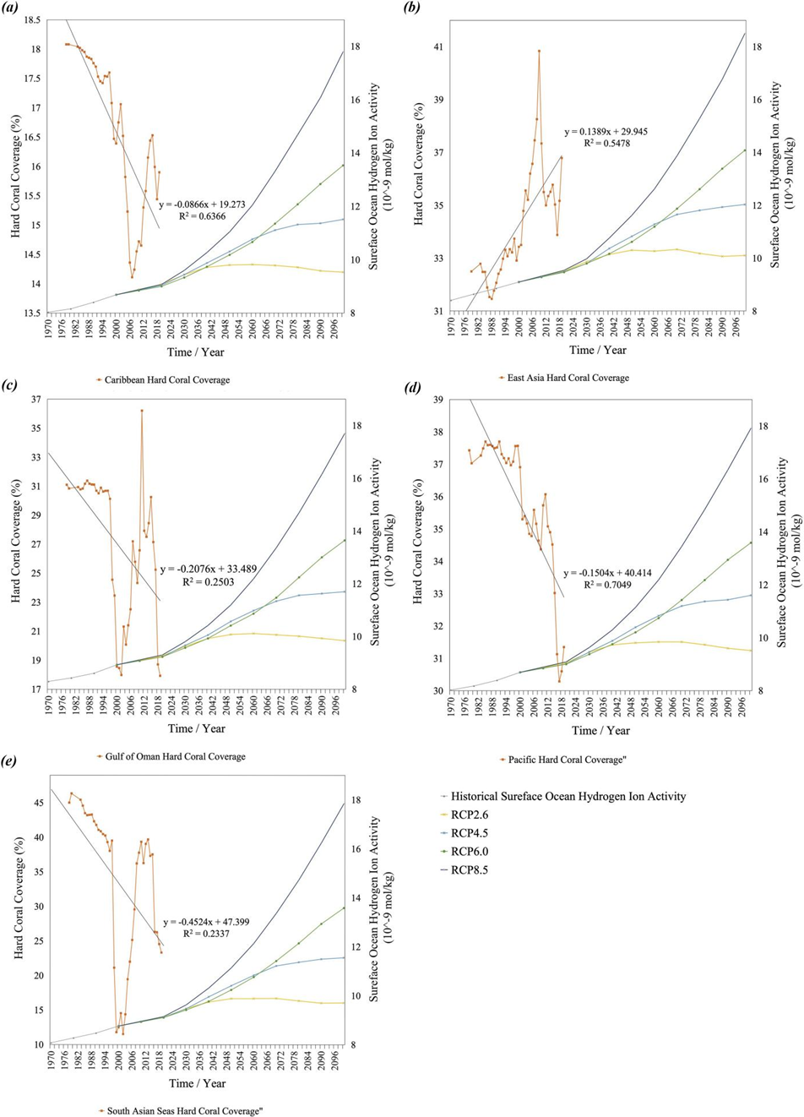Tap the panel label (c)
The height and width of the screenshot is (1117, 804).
coord(11,387)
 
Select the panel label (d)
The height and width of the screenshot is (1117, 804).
coord(413,387)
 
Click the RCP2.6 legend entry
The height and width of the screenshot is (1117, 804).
coord(470,815)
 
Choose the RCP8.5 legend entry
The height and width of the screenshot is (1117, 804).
coord(470,869)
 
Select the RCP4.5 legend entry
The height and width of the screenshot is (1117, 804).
coord(470,833)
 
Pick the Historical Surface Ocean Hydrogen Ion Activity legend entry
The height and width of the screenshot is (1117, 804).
coord(568,796)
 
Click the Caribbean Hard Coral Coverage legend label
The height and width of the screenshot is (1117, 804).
coord(166,380)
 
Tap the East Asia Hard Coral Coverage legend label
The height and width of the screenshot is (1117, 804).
coord(568,378)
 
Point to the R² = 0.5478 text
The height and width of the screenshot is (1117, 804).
coord(600,144)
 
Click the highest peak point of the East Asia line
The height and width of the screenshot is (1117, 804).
coord(539,51)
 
